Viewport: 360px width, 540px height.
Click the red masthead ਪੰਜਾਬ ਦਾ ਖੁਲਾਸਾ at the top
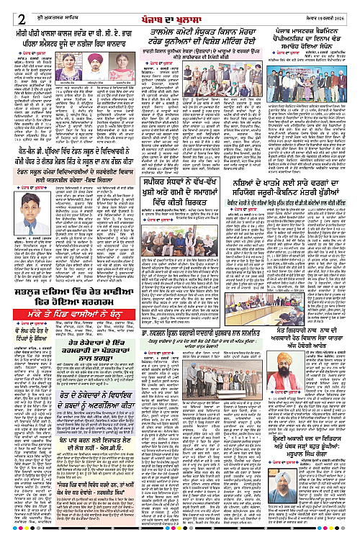[179, 9]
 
